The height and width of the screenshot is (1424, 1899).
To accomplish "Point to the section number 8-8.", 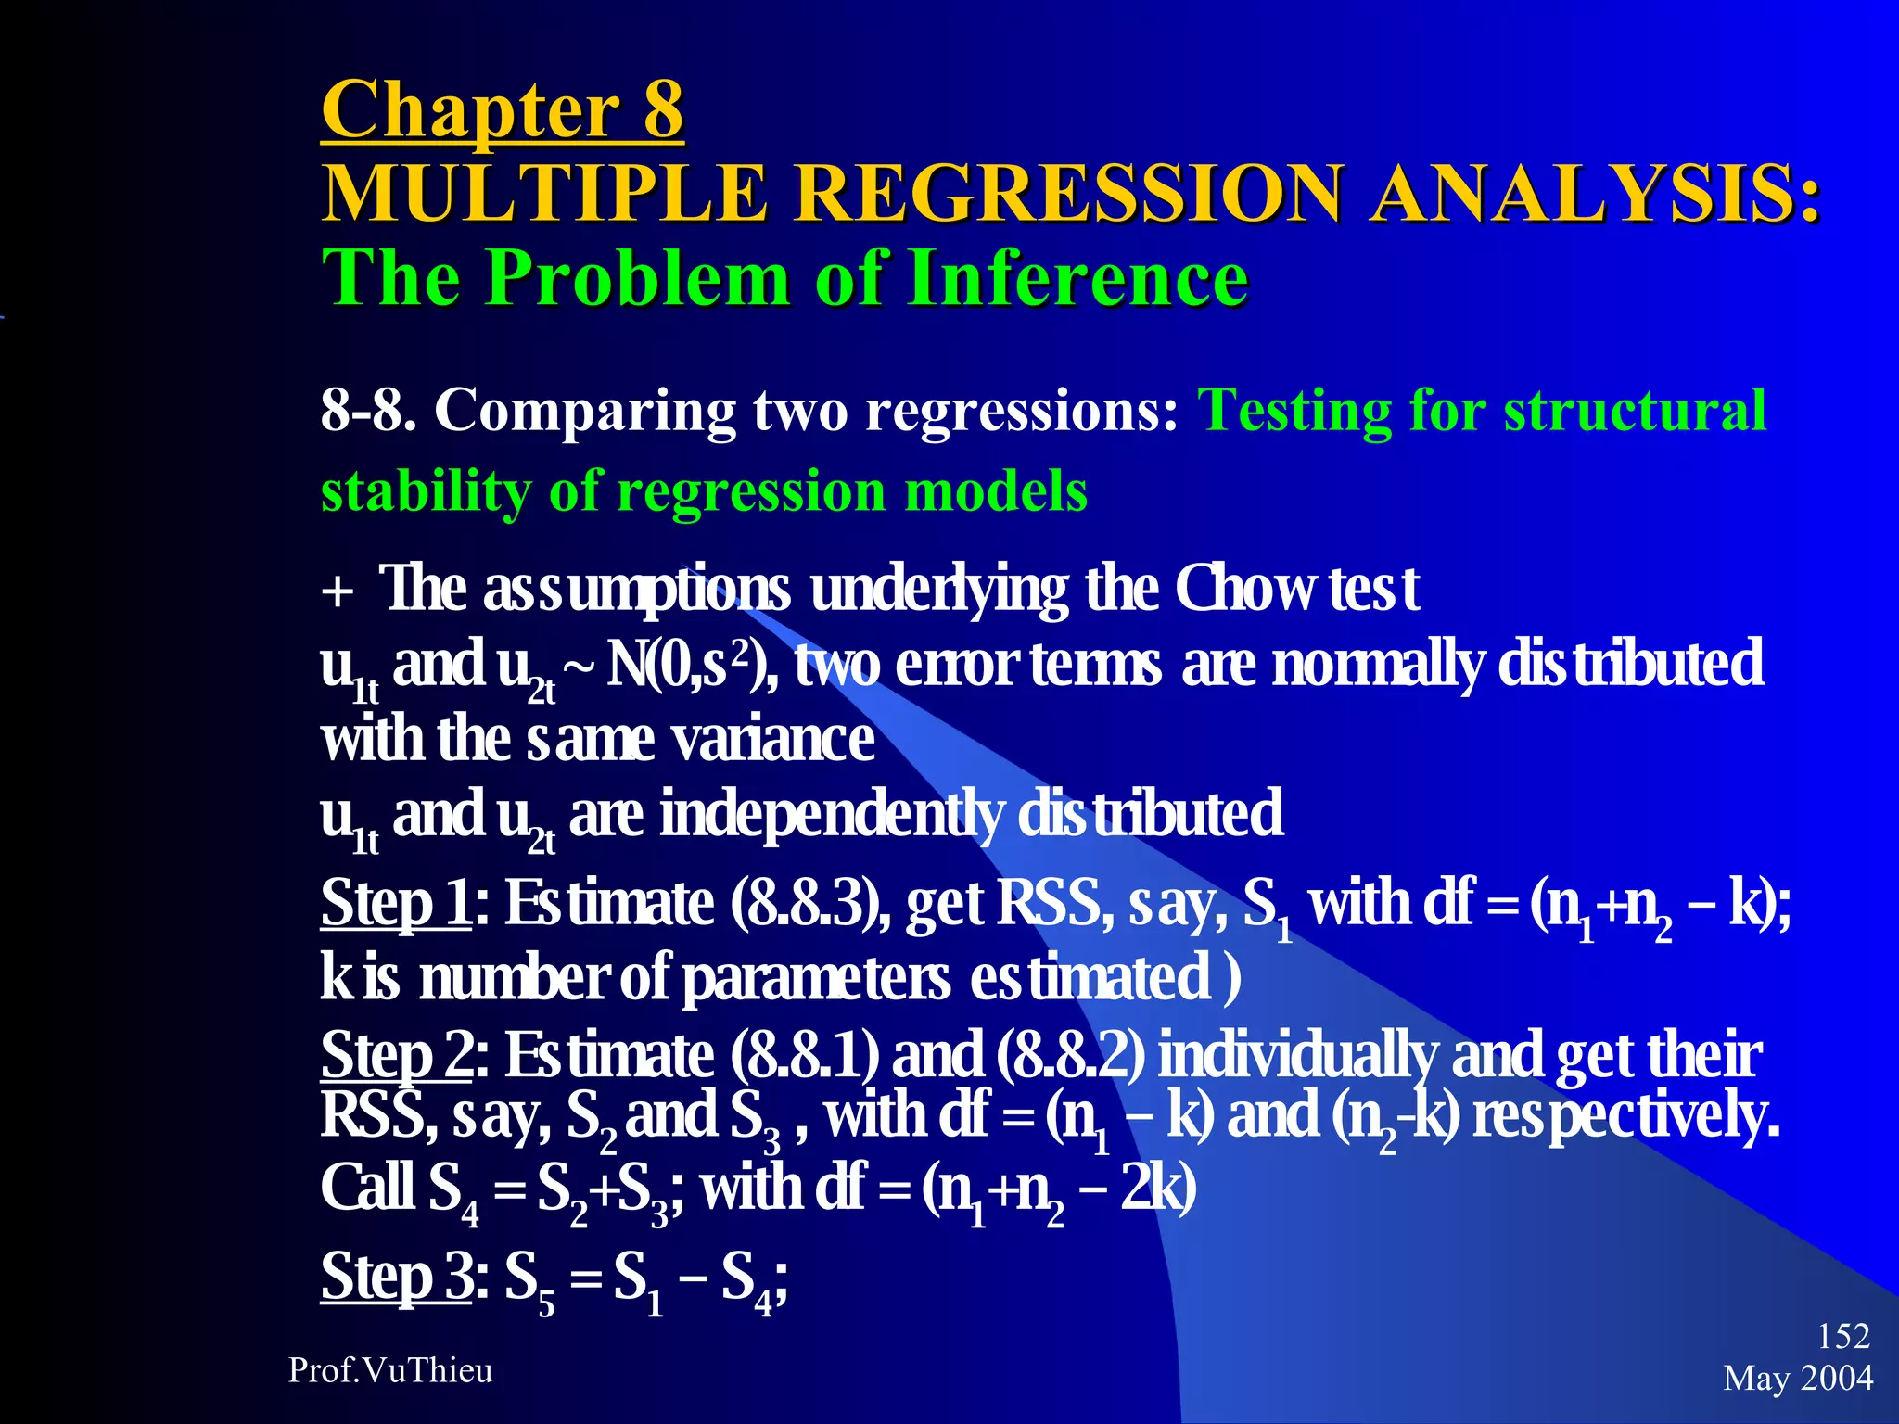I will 367,410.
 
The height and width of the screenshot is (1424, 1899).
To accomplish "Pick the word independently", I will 831,814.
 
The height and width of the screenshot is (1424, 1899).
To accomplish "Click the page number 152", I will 1843,1336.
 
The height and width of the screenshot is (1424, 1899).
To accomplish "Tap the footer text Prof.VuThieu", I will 390,1370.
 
